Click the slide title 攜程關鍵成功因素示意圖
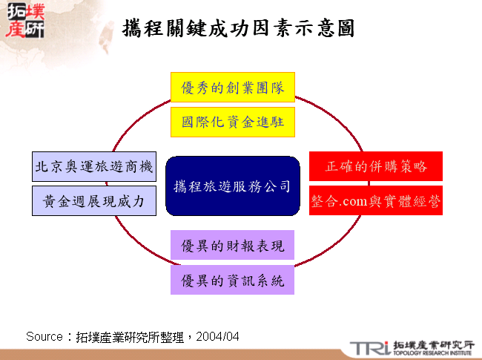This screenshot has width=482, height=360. click(238, 29)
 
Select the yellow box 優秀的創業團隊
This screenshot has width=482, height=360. click(233, 88)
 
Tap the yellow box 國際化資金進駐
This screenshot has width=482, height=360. click(233, 122)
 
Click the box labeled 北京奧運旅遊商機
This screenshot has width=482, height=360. click(94, 167)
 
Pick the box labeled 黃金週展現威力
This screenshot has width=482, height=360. click(94, 200)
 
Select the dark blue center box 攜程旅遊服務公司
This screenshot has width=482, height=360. click(232, 186)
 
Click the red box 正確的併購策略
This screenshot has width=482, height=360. click(376, 166)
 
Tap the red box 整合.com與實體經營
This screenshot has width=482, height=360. click(376, 200)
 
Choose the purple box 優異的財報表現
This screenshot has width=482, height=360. click(233, 246)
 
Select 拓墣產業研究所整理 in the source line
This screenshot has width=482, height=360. click(133, 336)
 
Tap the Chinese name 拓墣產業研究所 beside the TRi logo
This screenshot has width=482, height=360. click(433, 344)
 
